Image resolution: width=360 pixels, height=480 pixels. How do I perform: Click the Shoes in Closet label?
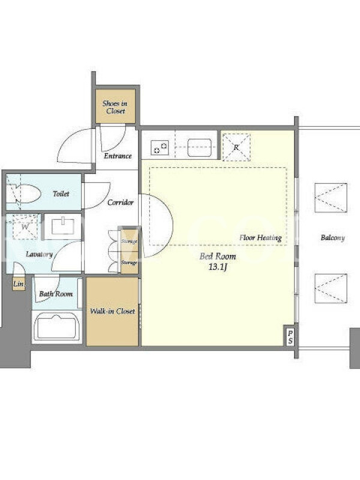tap(115, 107)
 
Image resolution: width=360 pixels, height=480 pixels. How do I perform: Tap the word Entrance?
tap(118, 156)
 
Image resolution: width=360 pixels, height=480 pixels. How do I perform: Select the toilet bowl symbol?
tap(24, 193)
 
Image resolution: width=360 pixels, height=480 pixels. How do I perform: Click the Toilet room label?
tap(61, 193)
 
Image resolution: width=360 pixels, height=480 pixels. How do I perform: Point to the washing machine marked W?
tap(25, 227)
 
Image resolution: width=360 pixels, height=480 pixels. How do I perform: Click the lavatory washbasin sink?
tap(64, 227)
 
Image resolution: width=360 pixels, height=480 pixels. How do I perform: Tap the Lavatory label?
tap(39, 254)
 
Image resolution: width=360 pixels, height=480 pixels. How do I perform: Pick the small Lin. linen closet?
tap(19, 284)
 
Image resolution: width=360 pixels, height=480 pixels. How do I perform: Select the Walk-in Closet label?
tap(112, 311)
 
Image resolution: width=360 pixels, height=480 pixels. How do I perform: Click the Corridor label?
tap(121, 202)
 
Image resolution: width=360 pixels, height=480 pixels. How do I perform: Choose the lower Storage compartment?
tap(128, 263)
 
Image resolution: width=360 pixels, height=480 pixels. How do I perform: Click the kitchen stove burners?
tap(160, 148)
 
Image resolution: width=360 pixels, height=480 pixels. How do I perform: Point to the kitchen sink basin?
tap(200, 148)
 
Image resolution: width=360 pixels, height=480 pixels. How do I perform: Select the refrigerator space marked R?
tap(236, 147)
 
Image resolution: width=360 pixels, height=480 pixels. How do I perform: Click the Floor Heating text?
tap(260, 238)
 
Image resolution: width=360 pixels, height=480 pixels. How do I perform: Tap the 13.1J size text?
tap(218, 267)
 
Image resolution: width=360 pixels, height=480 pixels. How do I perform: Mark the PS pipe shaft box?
tap(290, 337)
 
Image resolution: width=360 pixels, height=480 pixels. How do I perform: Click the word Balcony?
tap(333, 238)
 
